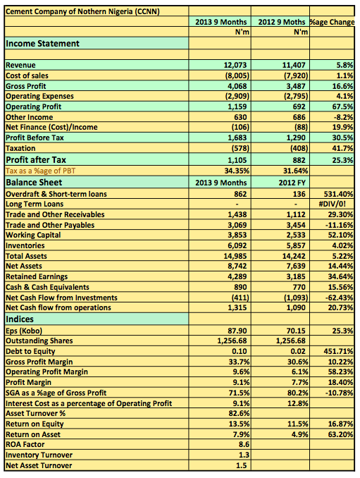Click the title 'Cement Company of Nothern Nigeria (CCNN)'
(x=82, y=11)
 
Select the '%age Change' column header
(x=332, y=22)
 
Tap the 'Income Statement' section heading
(x=42, y=43)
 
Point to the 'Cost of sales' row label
(x=27, y=75)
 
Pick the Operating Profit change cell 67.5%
(x=342, y=106)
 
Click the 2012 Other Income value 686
(x=299, y=117)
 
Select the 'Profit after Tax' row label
(x=36, y=160)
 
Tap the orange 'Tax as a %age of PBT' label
(x=40, y=171)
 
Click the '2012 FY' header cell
(x=292, y=183)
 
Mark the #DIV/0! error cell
(x=336, y=204)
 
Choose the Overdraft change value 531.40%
(x=338, y=194)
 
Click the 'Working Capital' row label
(x=33, y=235)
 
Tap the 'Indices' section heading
(x=20, y=319)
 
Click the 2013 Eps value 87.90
(x=237, y=331)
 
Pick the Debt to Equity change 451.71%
(x=338, y=351)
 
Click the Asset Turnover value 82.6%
(x=239, y=413)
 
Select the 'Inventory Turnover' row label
(x=39, y=455)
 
